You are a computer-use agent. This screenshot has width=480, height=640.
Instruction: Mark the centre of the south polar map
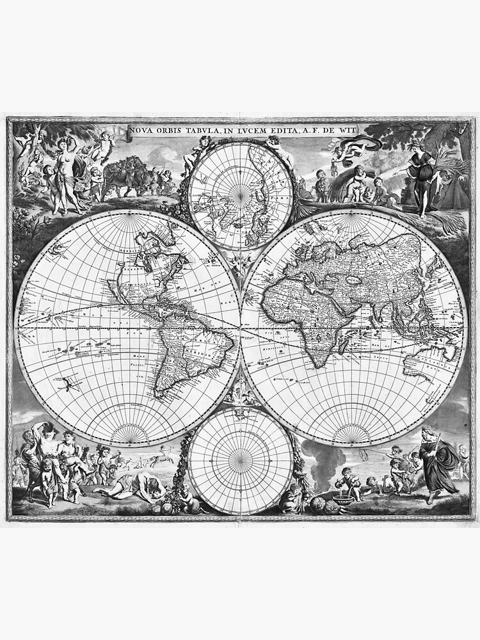(241, 461)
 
